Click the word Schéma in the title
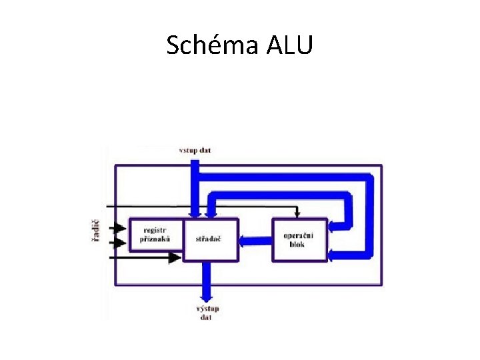(211, 45)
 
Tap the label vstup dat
(195, 150)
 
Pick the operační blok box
(299, 239)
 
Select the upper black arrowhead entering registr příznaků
(120, 227)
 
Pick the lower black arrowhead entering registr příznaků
(120, 243)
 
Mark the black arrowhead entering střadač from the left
(177, 257)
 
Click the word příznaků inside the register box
(155, 238)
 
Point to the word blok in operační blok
(297, 245)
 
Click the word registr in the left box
(155, 230)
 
